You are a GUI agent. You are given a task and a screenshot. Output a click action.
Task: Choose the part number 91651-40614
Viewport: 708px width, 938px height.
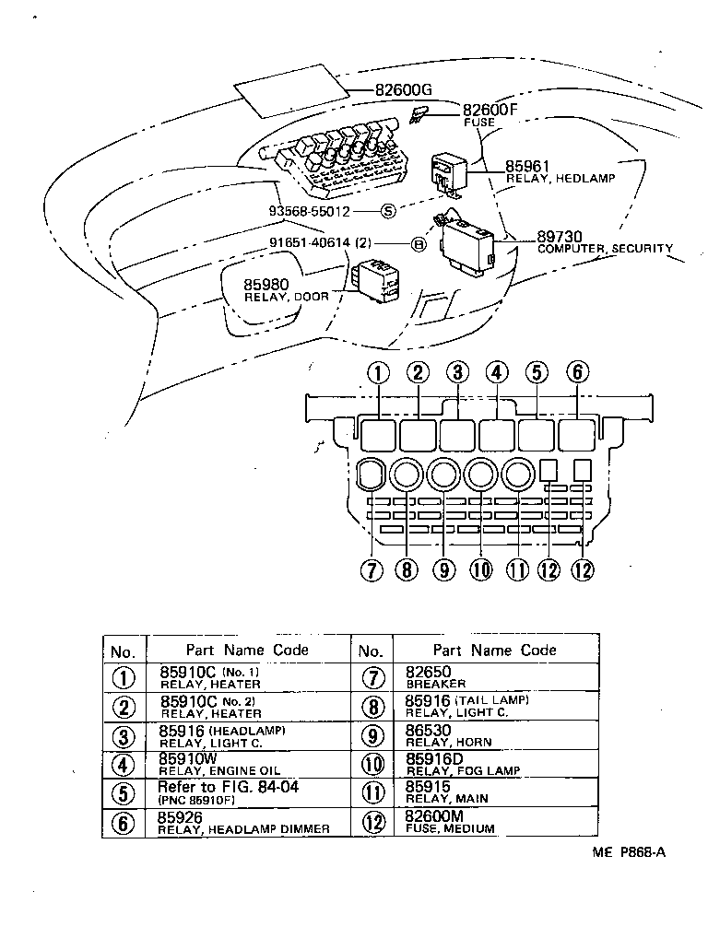[x=320, y=244]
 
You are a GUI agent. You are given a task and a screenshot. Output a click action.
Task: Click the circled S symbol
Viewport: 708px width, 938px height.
[x=388, y=211]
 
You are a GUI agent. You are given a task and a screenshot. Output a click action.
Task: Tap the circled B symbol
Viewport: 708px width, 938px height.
[x=417, y=244]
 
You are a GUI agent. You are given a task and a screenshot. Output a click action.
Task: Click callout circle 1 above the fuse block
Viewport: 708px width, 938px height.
[x=379, y=373]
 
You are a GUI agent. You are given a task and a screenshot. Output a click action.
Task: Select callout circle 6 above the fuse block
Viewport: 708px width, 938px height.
[x=577, y=373]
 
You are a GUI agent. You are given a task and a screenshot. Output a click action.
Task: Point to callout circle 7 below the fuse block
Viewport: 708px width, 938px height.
[x=371, y=569]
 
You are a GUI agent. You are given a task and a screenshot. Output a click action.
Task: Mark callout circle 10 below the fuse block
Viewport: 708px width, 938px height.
[x=480, y=569]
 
